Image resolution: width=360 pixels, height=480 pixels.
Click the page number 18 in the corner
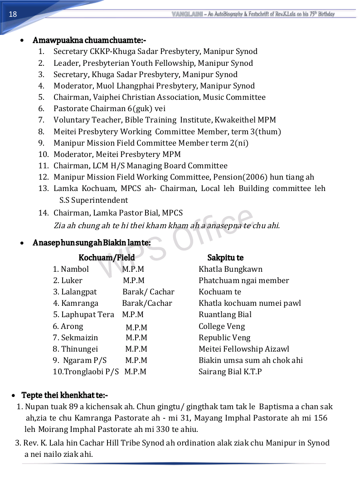click(13, 14)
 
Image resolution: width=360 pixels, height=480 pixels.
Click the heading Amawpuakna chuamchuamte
click(89, 40)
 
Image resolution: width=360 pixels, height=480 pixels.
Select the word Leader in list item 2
click(66, 63)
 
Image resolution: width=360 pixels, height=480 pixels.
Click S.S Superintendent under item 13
click(93, 200)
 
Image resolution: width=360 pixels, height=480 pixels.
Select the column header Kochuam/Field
click(107, 258)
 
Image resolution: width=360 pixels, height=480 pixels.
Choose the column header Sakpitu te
click(225, 258)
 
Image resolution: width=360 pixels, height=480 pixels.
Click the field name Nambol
click(75, 269)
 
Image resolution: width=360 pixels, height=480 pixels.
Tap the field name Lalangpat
click(79, 292)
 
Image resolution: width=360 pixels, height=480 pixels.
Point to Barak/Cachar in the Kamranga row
click(147, 303)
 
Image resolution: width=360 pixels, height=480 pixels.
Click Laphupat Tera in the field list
click(88, 314)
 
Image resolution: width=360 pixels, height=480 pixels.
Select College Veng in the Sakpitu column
click(222, 326)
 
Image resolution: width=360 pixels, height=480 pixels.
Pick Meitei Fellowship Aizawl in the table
click(244, 349)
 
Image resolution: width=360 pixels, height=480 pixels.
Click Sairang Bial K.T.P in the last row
click(230, 372)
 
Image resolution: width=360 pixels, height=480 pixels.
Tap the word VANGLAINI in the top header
click(187, 14)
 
